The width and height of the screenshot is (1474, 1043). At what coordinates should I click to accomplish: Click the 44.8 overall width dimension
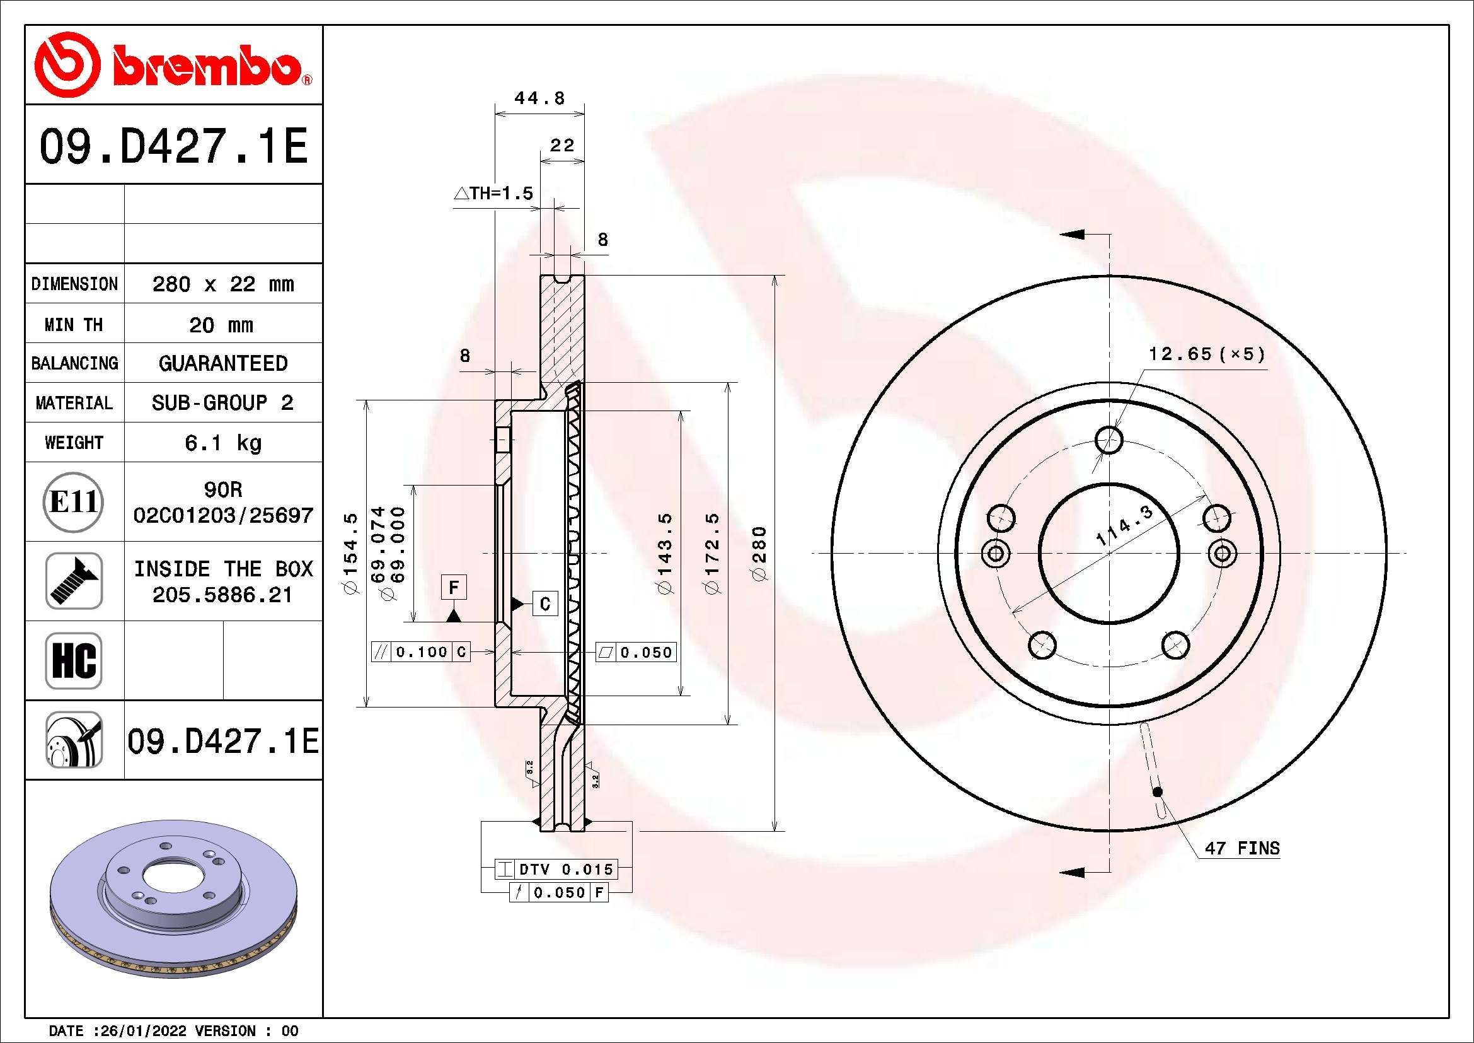point(539,98)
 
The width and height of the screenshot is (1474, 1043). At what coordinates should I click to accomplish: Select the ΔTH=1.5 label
point(493,193)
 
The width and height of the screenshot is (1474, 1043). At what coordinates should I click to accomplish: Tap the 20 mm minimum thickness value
point(221,325)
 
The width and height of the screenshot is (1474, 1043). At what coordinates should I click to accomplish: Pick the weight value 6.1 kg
point(222,443)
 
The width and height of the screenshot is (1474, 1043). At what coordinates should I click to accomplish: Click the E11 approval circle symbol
point(74,502)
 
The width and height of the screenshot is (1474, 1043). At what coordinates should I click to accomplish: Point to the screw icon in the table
point(74,581)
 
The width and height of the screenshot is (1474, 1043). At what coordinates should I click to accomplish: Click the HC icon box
point(74,660)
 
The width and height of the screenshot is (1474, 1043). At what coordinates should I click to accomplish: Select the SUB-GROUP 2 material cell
point(222,403)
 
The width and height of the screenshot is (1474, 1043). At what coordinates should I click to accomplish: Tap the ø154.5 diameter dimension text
point(351,554)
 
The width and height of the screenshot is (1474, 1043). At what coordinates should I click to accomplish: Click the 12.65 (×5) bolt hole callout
point(1206,354)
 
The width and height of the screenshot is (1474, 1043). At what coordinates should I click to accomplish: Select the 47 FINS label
point(1241,848)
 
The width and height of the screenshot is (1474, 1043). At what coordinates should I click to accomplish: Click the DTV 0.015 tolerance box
point(556,870)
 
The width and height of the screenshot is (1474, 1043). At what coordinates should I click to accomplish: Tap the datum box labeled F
point(454,587)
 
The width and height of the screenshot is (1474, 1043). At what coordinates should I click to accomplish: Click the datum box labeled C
point(545,603)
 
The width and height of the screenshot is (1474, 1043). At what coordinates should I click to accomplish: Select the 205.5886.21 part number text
point(222,595)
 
